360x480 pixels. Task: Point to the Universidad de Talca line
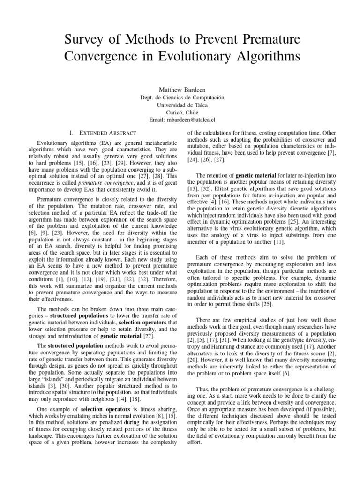(x=180, y=105)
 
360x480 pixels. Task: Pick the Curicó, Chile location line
(x=180, y=112)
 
